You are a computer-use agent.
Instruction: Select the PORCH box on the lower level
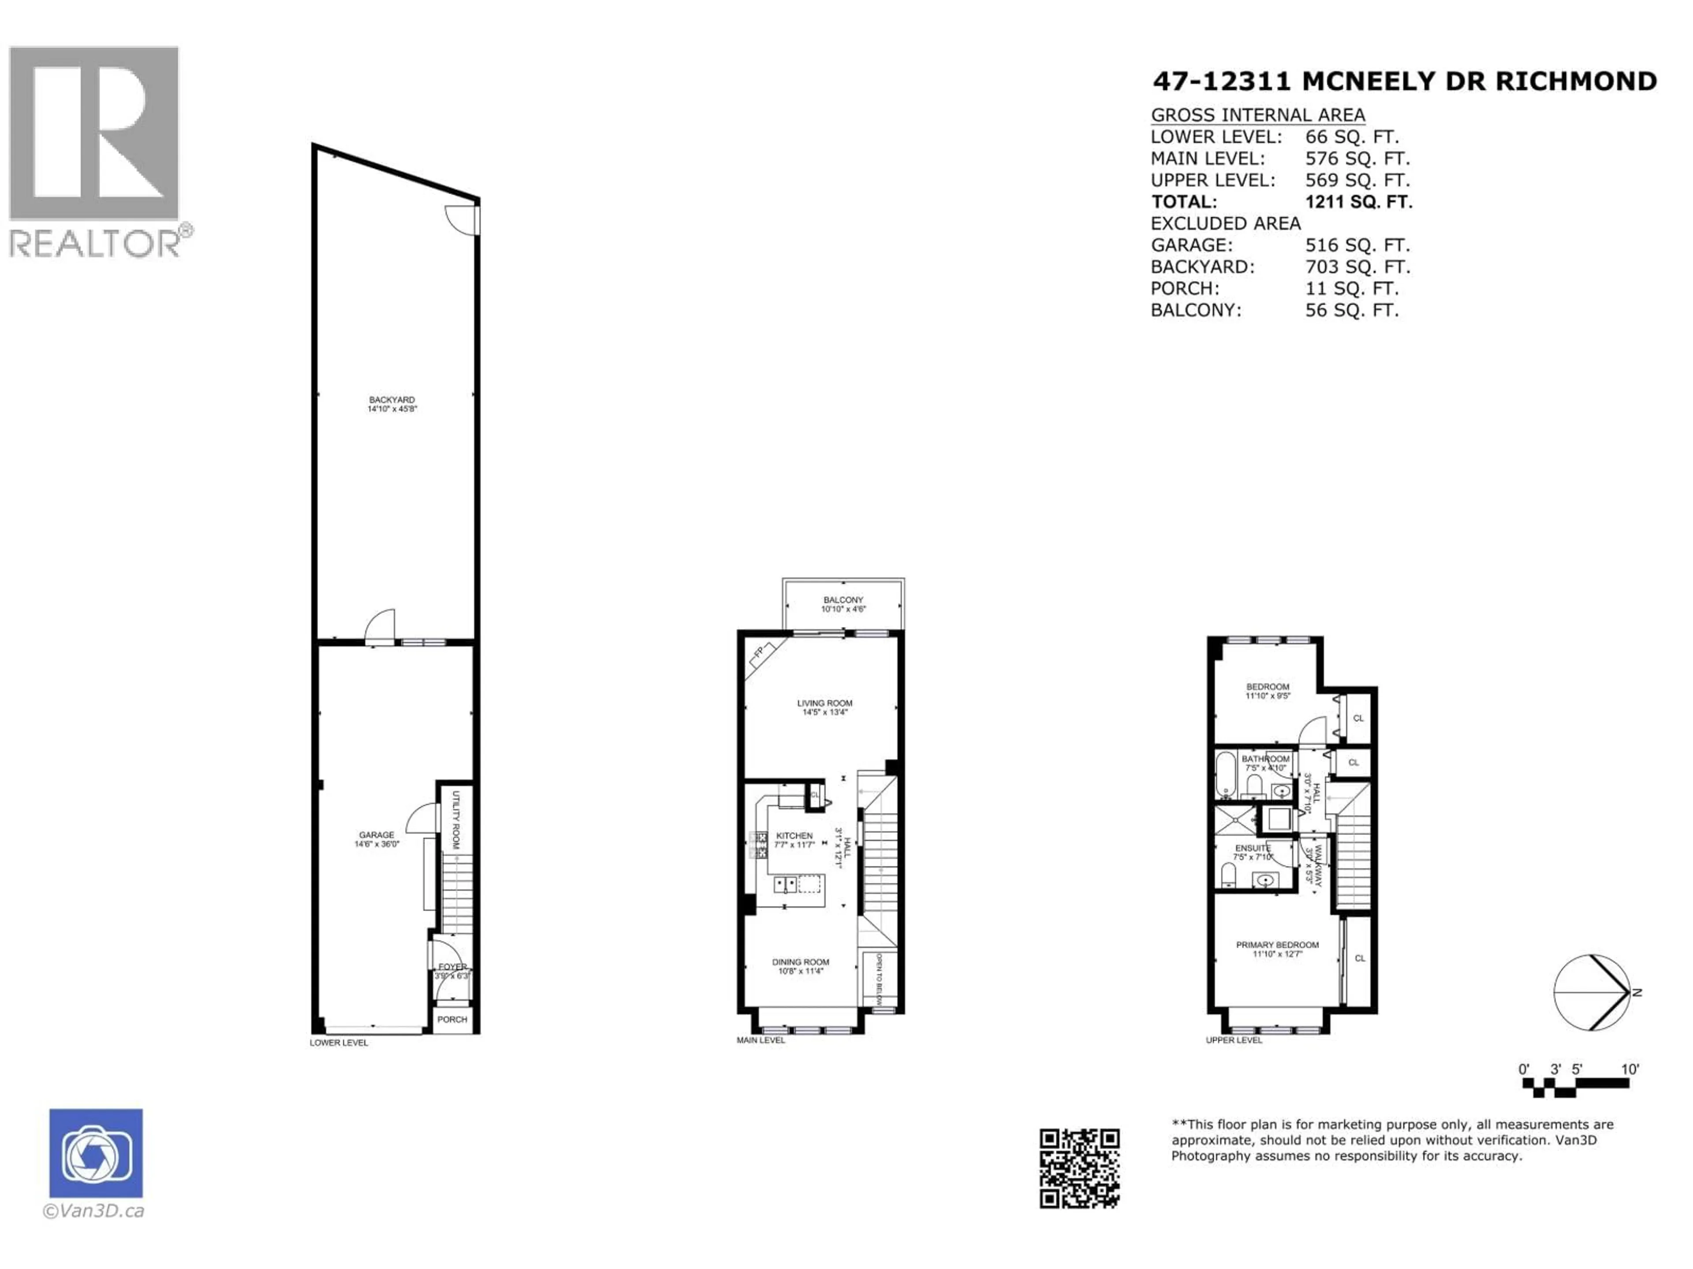coord(452,1020)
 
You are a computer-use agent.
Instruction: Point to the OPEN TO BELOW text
coord(880,979)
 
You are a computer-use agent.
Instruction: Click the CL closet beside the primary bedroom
coord(1359,958)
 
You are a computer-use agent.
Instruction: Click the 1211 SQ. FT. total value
coord(1358,202)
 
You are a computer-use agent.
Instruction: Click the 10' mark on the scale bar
coord(1630,1069)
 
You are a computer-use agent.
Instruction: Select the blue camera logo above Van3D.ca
coord(96,1153)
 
